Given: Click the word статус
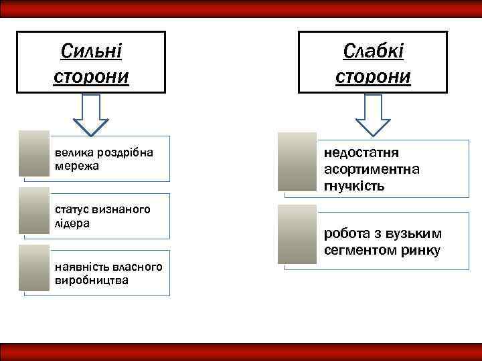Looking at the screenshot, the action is [72, 210].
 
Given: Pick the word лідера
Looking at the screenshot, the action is [72, 223].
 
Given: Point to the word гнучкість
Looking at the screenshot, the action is [354, 186].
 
